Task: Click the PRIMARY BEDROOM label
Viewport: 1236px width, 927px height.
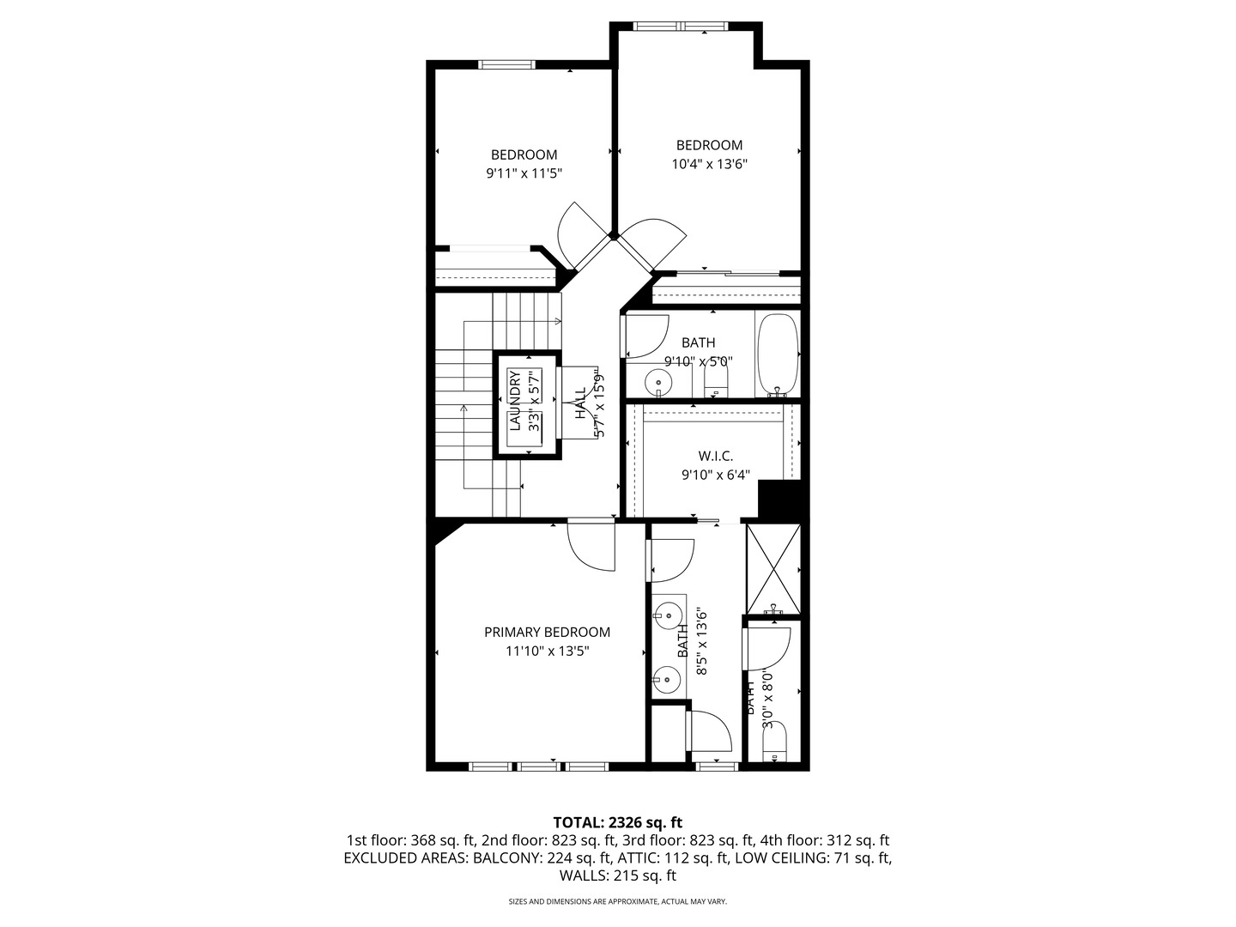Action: coord(547,633)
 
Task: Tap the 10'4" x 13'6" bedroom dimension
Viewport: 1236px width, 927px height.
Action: coord(709,164)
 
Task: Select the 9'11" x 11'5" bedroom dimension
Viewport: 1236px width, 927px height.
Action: coord(524,173)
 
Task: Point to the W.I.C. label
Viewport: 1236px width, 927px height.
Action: coord(715,456)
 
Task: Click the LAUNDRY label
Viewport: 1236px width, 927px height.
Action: coord(515,401)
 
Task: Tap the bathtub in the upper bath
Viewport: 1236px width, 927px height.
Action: coord(778,355)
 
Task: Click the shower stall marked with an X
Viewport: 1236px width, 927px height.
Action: coord(773,567)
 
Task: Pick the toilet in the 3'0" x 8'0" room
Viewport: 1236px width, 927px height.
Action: coord(775,743)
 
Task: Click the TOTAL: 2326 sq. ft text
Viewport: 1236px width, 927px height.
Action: coord(617,822)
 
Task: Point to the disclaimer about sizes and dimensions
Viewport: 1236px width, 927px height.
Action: coord(617,902)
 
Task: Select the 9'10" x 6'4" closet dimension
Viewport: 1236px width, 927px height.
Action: coord(715,474)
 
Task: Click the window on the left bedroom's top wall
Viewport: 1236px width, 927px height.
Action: coord(506,64)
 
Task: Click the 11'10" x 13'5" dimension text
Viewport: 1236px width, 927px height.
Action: coord(547,651)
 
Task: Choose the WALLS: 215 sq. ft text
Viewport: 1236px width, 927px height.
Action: coord(617,876)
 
